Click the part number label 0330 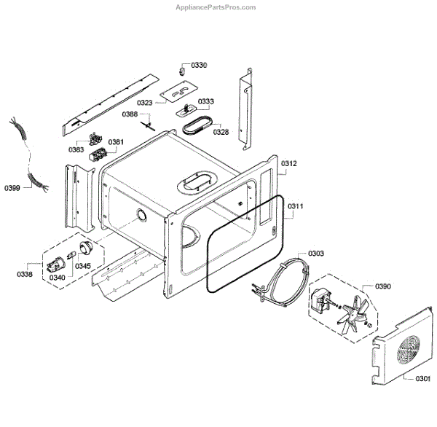pyautogui.click(x=199, y=66)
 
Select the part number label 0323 pyautogui.click(x=145, y=103)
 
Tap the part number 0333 pyautogui.click(x=205, y=101)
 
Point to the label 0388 pyautogui.click(x=130, y=114)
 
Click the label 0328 pyautogui.click(x=221, y=132)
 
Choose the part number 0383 pyautogui.click(x=76, y=149)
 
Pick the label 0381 pyautogui.click(x=116, y=141)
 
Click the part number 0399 pyautogui.click(x=12, y=189)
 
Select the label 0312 pyautogui.click(x=289, y=164)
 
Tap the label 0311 pyautogui.click(x=294, y=207)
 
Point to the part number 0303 pyautogui.click(x=316, y=253)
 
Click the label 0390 pyautogui.click(x=383, y=286)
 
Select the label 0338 pyautogui.click(x=25, y=274)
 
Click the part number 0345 pyautogui.click(x=83, y=266)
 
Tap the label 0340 pyautogui.click(x=57, y=277)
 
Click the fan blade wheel pyautogui.click(x=353, y=312)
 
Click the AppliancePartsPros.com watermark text pyautogui.click(x=216, y=7)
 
